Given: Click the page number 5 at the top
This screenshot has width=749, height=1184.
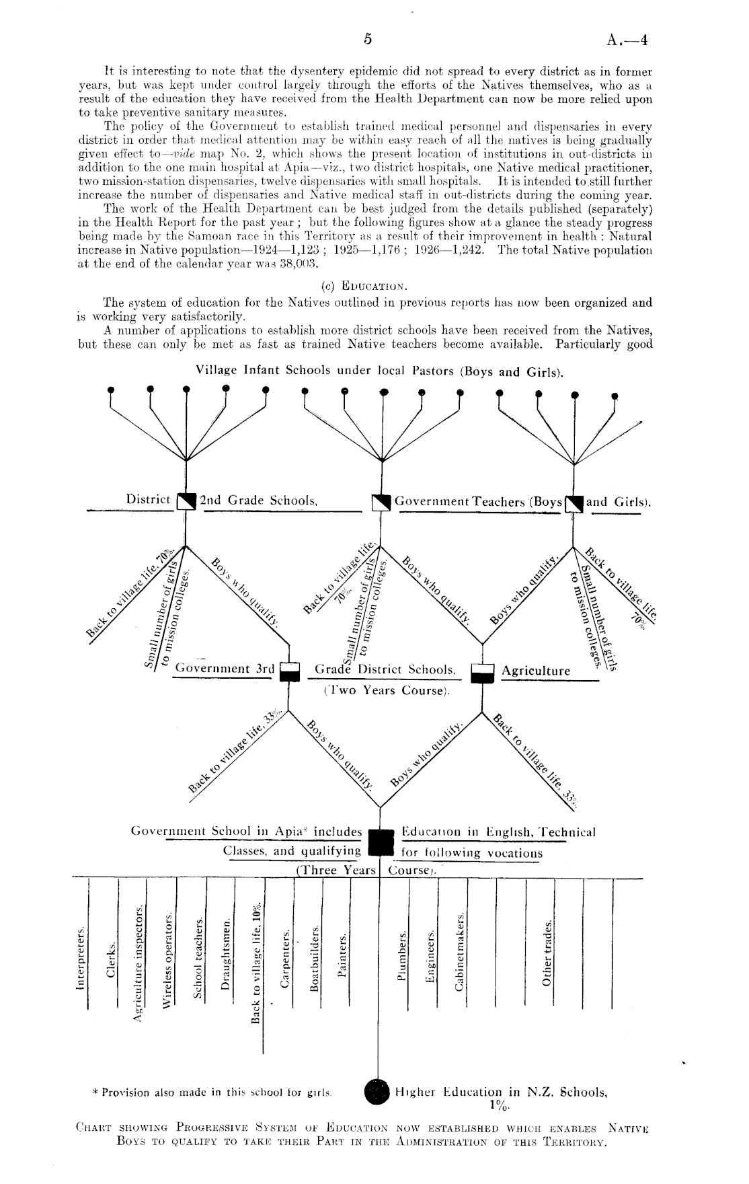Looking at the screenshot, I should (368, 39).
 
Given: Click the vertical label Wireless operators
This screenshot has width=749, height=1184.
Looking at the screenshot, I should (167, 960).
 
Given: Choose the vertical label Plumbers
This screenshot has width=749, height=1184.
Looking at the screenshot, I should (402, 957).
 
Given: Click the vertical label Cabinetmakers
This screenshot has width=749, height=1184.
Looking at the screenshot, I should (461, 951).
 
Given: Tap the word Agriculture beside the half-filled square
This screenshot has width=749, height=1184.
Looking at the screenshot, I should (535, 671).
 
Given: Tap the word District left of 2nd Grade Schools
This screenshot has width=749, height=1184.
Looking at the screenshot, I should (148, 499).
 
